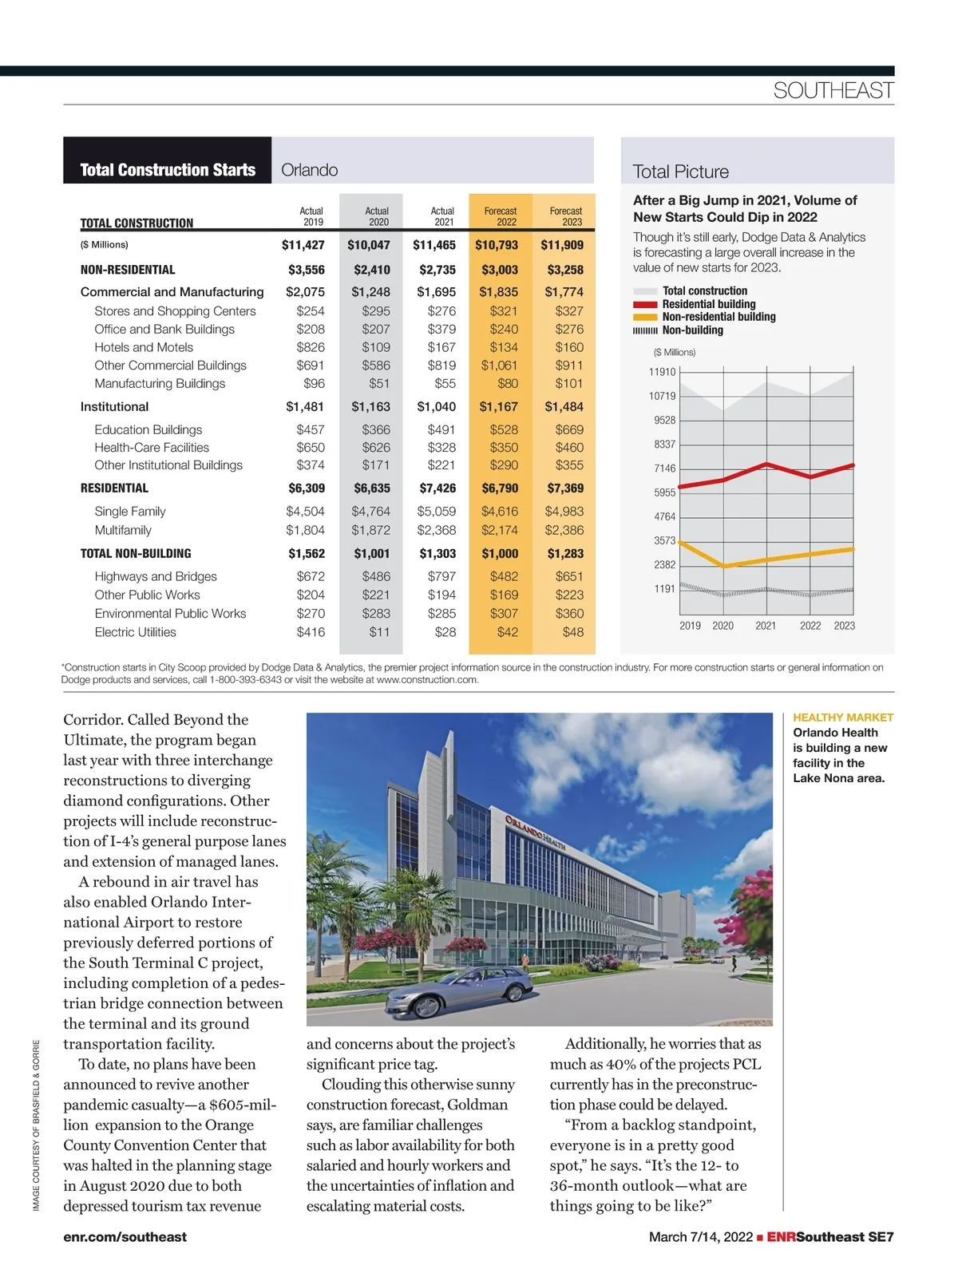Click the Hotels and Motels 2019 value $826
tap(311, 347)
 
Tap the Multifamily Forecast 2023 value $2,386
tap(564, 530)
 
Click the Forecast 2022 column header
tap(501, 216)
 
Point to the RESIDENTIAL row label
tap(114, 488)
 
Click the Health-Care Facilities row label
tap(152, 448)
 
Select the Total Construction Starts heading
tap(168, 170)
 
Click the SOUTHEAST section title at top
tap(833, 91)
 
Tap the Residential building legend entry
tap(708, 304)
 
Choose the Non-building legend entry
tap(692, 330)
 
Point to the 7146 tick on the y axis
tap(664, 468)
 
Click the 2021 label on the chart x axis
tap(766, 626)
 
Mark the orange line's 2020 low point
tap(723, 566)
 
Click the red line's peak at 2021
tap(766, 464)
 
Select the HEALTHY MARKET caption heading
tap(843, 718)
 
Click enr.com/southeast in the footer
tap(125, 1236)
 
